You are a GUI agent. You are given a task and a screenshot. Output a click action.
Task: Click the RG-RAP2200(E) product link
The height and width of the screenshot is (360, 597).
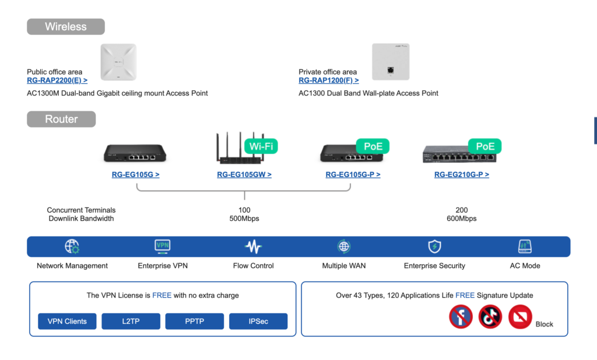[x=57, y=81]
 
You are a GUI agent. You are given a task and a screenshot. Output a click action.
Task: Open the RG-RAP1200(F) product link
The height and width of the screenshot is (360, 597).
[x=329, y=81]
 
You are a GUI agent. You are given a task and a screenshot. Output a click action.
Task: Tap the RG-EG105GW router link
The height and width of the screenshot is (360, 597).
[x=244, y=174]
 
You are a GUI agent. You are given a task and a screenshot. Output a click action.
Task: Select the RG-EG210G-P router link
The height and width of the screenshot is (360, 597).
[x=461, y=174]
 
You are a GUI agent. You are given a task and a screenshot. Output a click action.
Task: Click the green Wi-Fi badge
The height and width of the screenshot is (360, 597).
[x=261, y=146]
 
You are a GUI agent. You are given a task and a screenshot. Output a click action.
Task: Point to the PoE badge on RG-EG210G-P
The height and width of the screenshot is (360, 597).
[x=485, y=146]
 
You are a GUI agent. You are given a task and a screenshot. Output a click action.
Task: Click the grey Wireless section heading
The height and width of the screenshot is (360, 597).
[x=66, y=27]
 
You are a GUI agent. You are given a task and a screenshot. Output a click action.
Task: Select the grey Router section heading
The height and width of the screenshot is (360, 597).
[x=61, y=119]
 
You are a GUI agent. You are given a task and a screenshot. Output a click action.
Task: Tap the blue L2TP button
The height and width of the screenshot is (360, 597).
[x=131, y=322]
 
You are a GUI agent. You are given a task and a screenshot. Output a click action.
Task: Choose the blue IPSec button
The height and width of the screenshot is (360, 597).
[x=258, y=322]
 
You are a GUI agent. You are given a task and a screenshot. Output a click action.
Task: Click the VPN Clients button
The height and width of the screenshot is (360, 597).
[x=67, y=322]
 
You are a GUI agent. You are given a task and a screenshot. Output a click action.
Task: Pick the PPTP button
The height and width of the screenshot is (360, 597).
[x=194, y=322]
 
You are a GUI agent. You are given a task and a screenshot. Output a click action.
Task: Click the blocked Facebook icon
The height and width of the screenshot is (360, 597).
[x=461, y=317]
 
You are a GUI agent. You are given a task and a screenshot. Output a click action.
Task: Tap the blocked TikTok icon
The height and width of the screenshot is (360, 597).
[x=490, y=317]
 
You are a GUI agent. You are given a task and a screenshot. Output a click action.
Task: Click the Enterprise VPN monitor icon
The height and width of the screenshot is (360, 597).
[x=163, y=246]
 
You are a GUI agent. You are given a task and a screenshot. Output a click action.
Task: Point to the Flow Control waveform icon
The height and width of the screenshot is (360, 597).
[x=253, y=247]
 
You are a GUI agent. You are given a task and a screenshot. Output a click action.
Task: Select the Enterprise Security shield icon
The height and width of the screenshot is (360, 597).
[x=434, y=246]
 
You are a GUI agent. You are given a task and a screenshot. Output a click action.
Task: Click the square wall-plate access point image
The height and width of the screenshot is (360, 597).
[x=391, y=62]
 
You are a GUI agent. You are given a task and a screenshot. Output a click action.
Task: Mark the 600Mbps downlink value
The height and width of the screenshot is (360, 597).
[x=462, y=219]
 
